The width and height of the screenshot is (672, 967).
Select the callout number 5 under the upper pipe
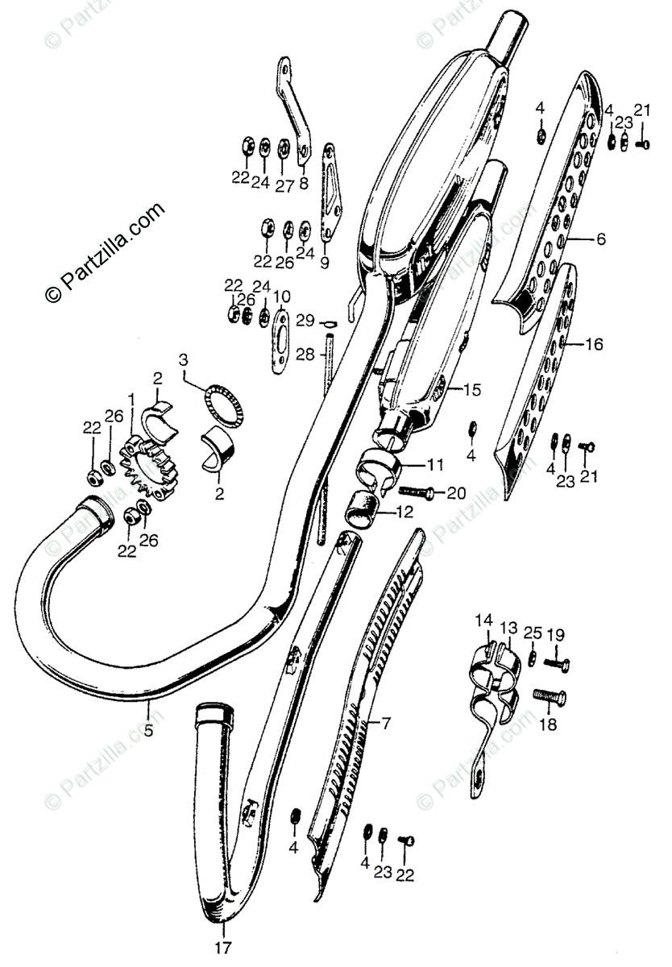pyautogui.click(x=149, y=710)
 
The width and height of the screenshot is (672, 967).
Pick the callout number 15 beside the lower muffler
pyautogui.click(x=471, y=390)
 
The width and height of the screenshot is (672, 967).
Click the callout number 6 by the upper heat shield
pyautogui.click(x=601, y=239)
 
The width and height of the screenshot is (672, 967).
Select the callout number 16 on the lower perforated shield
pyautogui.click(x=594, y=345)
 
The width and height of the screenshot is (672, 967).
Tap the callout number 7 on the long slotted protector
pyautogui.click(x=385, y=723)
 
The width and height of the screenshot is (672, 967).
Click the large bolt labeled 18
pyautogui.click(x=550, y=697)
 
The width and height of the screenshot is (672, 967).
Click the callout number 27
pyautogui.click(x=283, y=183)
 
